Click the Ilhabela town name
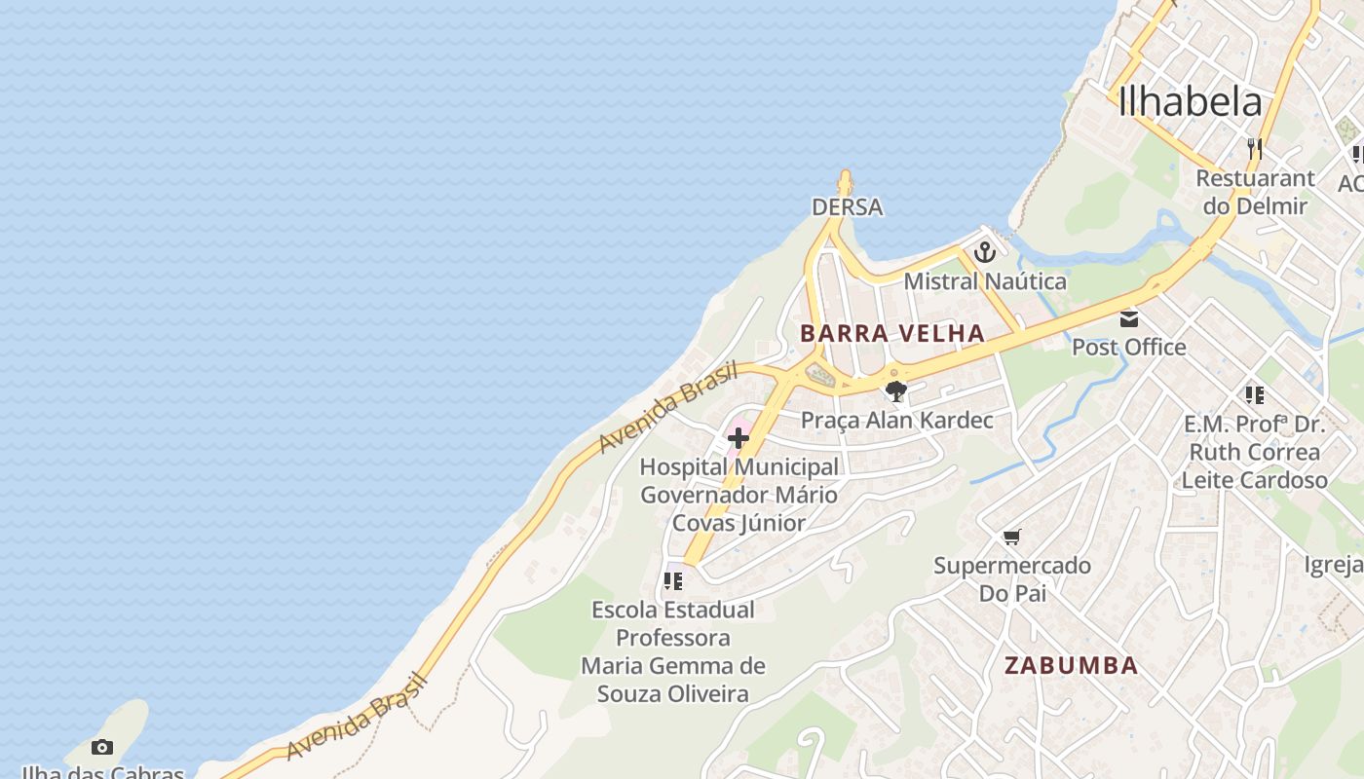tap(1190, 102)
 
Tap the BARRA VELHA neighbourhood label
tap(892, 333)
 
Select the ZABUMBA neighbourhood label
tap(1071, 666)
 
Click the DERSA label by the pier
tap(847, 206)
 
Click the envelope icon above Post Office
tap(1129, 318)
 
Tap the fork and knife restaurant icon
tap(1255, 149)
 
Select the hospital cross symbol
tap(738, 438)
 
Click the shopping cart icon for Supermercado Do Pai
tap(1012, 538)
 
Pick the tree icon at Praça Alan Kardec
tap(896, 391)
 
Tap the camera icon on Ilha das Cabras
tap(102, 748)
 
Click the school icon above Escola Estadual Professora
tap(672, 581)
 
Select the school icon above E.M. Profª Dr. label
tap(1254, 395)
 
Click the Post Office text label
tap(1129, 347)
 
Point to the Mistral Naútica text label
tap(985, 281)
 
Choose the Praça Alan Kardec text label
tap(896, 420)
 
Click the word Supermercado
tap(1012, 566)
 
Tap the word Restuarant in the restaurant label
tap(1255, 178)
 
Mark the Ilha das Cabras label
tap(102, 772)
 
